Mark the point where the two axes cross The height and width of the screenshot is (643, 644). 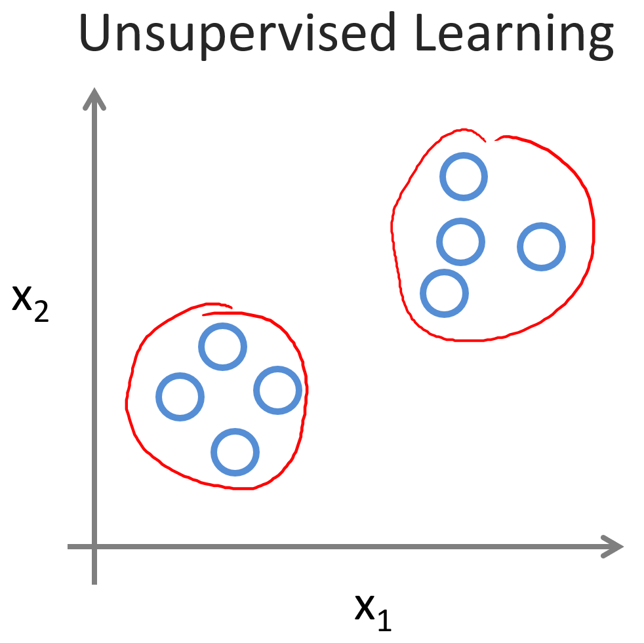click(x=96, y=547)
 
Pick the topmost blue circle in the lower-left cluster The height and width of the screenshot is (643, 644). click(x=222, y=347)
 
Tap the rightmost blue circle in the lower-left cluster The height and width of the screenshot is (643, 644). click(x=277, y=390)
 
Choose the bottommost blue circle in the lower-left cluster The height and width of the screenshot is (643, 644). click(x=235, y=452)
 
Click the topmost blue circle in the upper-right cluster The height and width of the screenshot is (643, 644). click(x=464, y=176)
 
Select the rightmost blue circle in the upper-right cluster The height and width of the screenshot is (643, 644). click(x=541, y=246)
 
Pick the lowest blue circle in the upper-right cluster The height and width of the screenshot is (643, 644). click(x=444, y=292)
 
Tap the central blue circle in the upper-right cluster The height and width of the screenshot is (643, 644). click(x=460, y=242)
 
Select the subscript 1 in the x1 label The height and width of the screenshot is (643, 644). click(x=384, y=619)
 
